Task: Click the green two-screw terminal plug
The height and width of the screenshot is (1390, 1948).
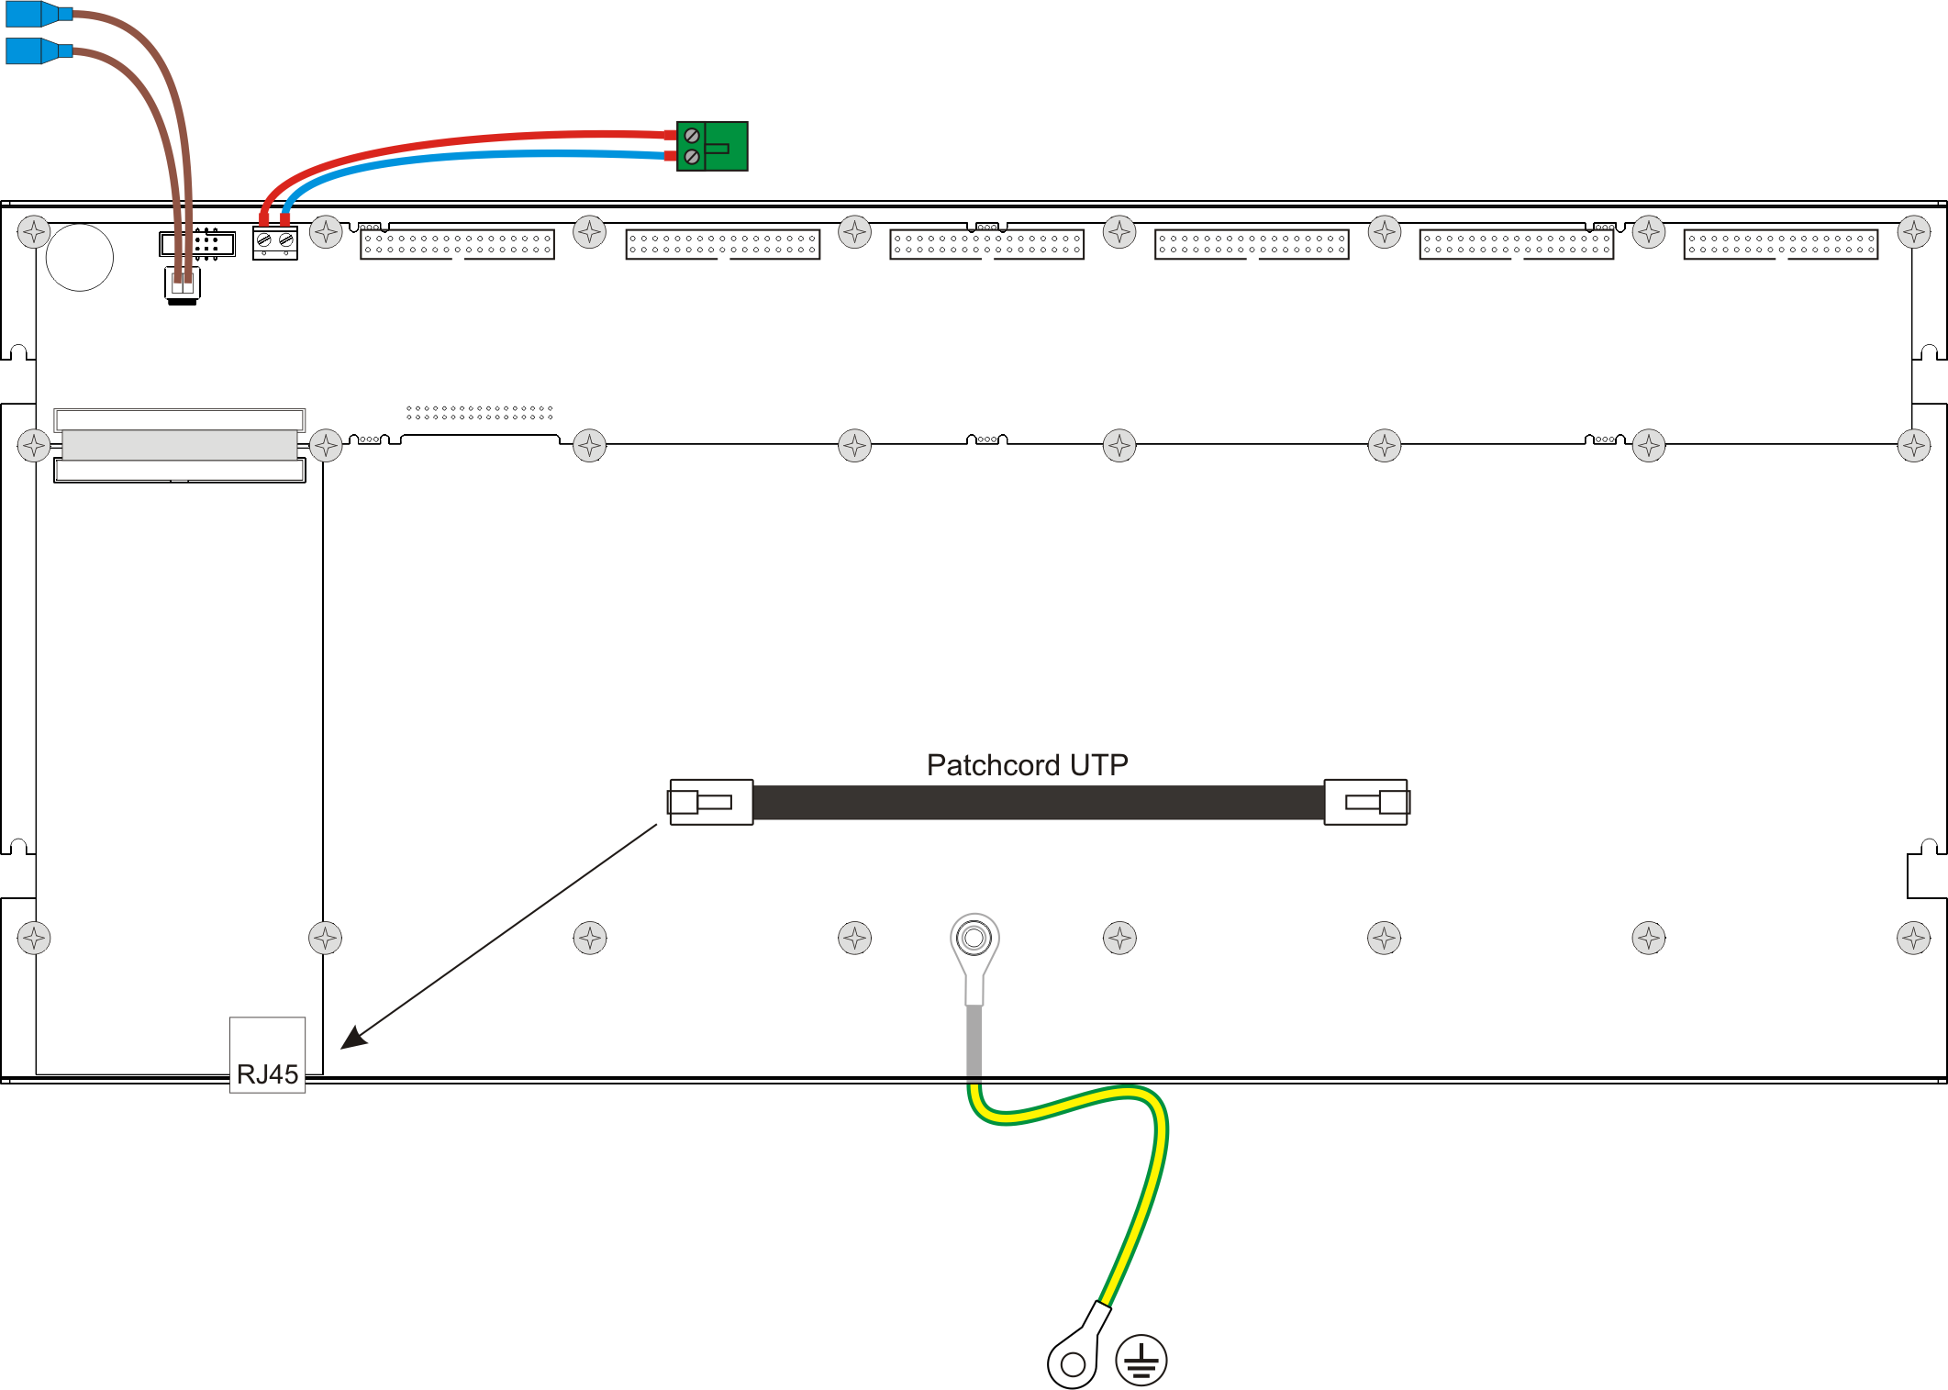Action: (712, 147)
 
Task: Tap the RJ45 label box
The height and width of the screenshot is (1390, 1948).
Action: (267, 1055)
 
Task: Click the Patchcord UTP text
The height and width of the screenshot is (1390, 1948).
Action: (1027, 765)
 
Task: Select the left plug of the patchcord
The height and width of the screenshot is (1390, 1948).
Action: (711, 803)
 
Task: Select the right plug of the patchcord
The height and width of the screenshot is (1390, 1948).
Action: (1366, 803)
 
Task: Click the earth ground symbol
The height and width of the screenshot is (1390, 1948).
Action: (1141, 1360)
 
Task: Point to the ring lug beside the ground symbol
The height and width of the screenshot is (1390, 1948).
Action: (1074, 1360)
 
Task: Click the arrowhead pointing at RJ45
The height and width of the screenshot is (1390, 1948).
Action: (354, 1038)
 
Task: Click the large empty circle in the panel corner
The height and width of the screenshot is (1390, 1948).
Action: (80, 258)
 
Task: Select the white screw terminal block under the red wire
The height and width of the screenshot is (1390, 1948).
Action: (275, 244)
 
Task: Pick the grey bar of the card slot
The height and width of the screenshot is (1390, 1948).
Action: (180, 445)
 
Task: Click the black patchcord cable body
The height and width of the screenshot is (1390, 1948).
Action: (1037, 803)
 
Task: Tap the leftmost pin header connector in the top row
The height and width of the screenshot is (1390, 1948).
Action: (457, 244)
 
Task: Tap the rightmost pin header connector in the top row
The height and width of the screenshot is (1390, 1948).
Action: (1780, 244)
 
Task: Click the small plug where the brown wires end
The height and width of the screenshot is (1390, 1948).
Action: (183, 284)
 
